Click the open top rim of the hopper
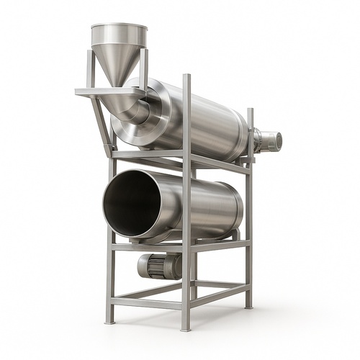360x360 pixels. coord(119,29)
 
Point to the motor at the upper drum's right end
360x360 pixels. coord(268,140)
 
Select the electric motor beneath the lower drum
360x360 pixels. coord(160,266)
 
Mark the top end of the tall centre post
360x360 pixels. coord(186,76)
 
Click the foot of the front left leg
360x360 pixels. coord(109,320)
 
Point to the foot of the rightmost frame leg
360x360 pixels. coord(249,305)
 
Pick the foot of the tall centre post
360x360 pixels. coord(186,328)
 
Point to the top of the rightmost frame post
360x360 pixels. coord(250,111)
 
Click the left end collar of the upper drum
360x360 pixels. coord(155,108)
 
